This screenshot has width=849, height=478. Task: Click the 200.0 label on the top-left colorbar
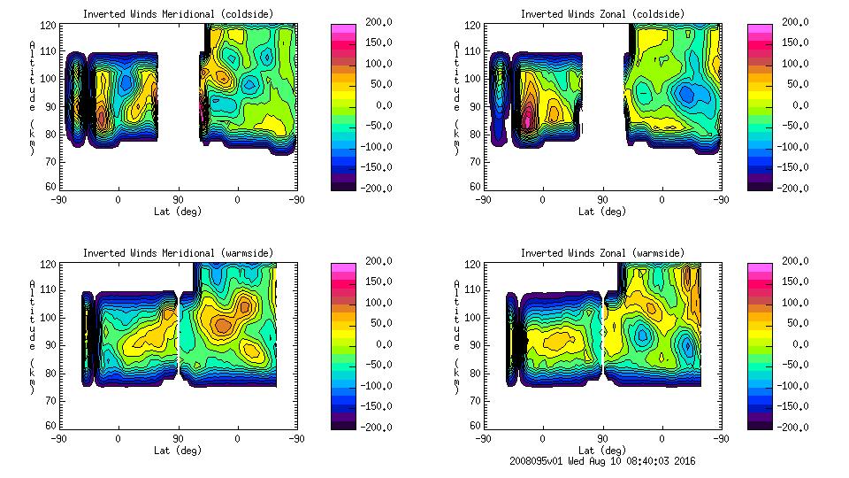375,22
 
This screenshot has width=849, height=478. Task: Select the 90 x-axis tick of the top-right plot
603,199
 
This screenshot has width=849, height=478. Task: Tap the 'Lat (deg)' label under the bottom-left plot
178,451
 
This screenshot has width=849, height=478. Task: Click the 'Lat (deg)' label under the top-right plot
602,212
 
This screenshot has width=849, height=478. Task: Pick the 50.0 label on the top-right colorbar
795,84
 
